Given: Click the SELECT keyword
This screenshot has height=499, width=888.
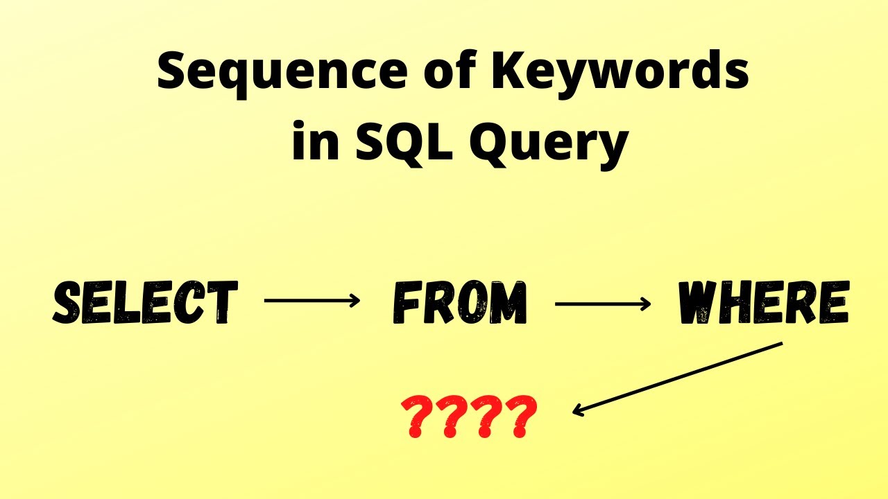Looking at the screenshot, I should [x=146, y=303].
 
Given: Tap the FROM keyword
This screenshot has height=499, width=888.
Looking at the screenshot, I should [x=460, y=303].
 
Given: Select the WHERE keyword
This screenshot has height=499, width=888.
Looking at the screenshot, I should [x=762, y=303].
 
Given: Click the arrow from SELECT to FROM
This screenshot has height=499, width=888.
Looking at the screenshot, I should [x=312, y=301].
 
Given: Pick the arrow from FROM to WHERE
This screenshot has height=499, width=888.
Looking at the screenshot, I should [x=603, y=302].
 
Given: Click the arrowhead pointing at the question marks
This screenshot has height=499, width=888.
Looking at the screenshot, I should [x=578, y=411].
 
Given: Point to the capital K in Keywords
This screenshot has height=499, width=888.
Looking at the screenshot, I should [x=509, y=73].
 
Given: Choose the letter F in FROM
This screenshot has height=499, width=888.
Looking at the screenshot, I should [x=407, y=303].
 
